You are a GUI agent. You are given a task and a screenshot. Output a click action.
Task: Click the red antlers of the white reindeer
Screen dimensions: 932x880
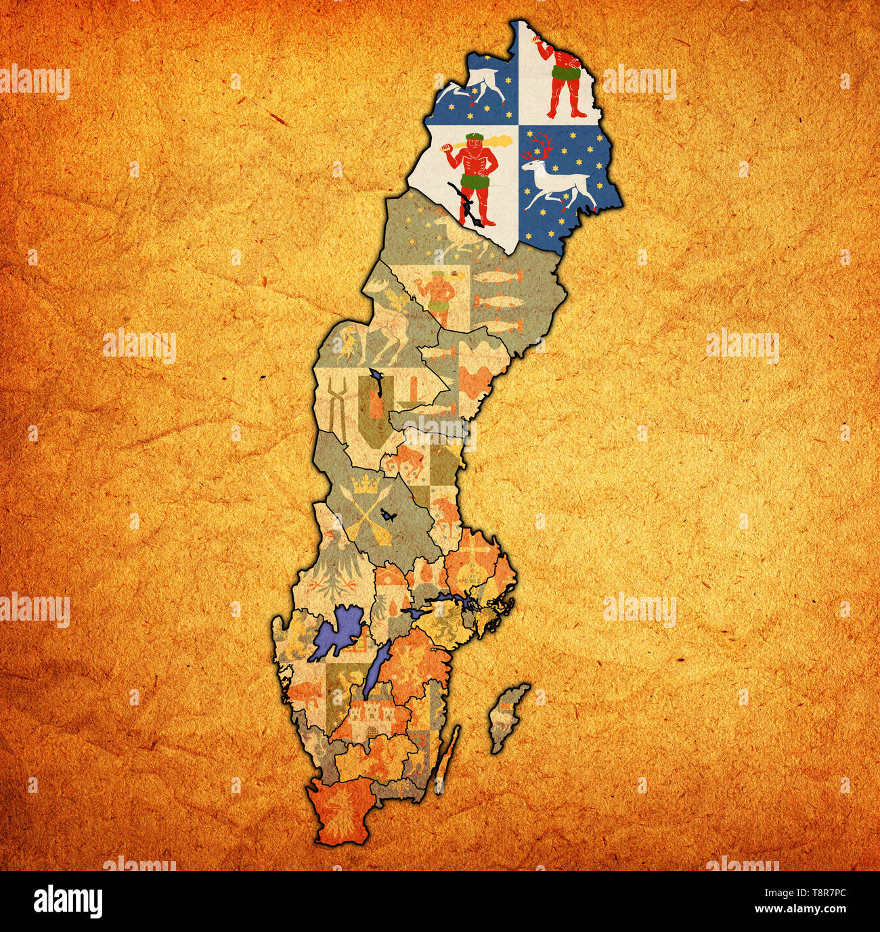541,146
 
